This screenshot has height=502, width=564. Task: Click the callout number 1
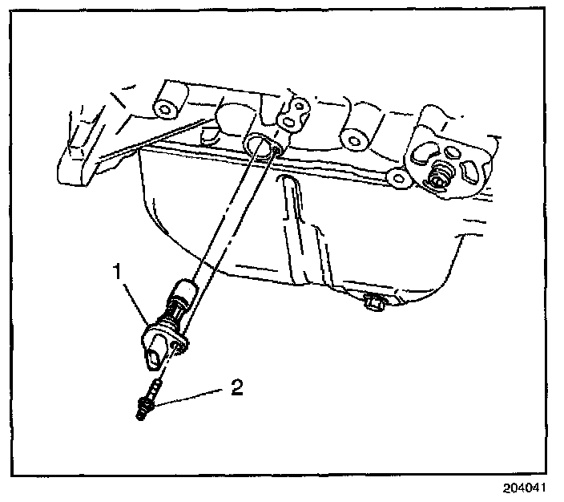[x=118, y=273]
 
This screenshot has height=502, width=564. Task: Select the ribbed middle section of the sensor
[x=171, y=312]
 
